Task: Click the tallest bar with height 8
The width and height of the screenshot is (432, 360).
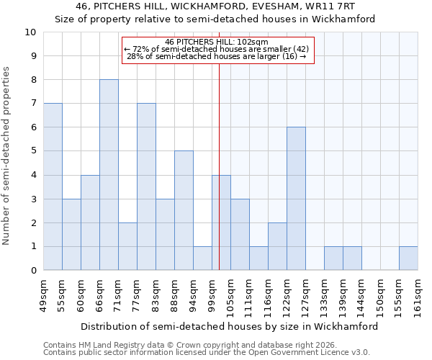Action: point(109,175)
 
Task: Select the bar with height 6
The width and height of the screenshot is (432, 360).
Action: point(296,199)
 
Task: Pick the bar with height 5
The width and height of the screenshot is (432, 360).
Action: point(184,210)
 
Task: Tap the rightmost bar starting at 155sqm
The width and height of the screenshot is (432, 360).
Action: point(408,258)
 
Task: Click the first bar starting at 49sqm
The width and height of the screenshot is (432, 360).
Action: point(53,186)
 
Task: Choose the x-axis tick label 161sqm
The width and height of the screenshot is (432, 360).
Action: point(418,295)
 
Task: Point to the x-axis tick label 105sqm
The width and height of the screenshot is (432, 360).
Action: point(231,295)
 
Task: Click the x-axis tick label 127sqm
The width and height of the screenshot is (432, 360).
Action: point(306,295)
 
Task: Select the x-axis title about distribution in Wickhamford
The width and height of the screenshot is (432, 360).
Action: point(229,326)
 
